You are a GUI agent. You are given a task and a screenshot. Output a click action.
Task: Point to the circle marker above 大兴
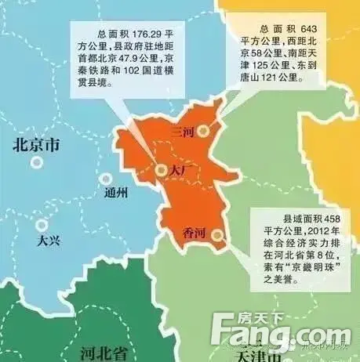[40, 225]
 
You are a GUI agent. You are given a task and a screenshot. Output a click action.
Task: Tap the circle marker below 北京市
[36, 164]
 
